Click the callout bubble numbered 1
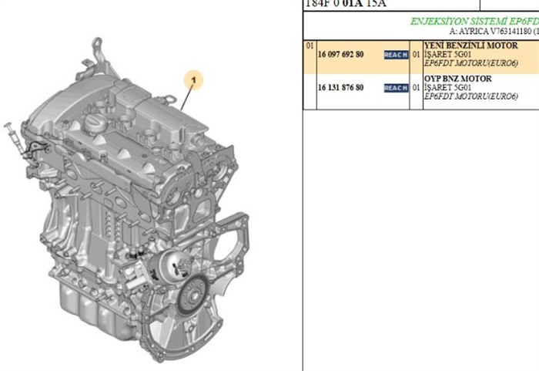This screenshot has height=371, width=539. click(195, 78)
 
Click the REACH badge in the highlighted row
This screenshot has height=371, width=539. click(396, 56)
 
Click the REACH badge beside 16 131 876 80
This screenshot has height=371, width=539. click(396, 88)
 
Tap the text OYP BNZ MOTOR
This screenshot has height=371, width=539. click(459, 79)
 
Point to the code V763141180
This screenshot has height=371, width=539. click(505, 32)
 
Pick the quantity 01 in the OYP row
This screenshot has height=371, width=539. click(416, 88)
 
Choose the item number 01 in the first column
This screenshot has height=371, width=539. click(310, 46)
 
